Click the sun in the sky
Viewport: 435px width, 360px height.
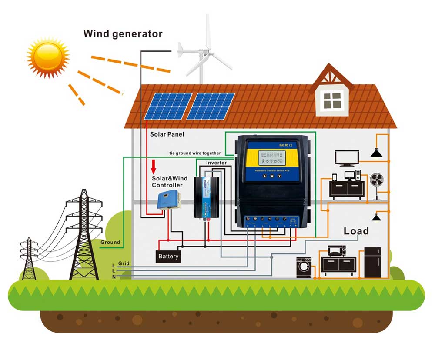[48, 56]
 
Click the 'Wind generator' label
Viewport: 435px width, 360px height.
[123, 33]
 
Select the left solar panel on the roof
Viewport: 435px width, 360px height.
[168, 106]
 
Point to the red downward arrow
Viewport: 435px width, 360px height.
[154, 166]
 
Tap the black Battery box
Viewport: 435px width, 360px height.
[168, 257]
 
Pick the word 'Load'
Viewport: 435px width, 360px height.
[356, 231]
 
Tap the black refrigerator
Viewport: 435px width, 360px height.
[372, 262]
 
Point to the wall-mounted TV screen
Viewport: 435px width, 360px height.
[347, 157]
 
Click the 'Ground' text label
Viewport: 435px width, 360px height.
[110, 242]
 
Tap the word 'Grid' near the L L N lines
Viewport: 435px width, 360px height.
[124, 263]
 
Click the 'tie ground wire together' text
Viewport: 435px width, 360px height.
[195, 153]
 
